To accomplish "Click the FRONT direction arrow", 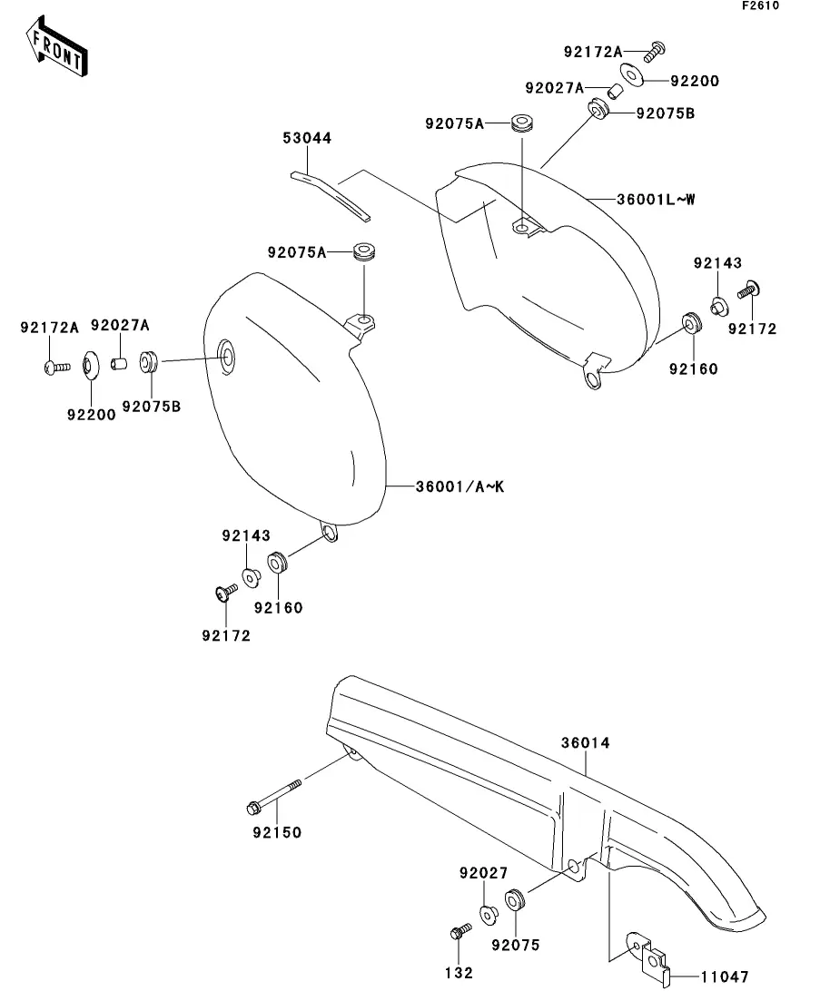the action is coord(56,46).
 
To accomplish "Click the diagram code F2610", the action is coord(760,5).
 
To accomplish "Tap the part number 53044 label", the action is coord(307,138).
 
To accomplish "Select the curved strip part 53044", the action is coord(331,196).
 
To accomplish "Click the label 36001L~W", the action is coord(656,199).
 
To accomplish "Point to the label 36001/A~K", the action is coord(459,486).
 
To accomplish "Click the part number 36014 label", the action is coord(586,742).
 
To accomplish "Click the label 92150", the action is coord(277,832).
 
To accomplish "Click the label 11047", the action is coord(725,976).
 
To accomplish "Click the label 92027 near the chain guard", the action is coord(483,873).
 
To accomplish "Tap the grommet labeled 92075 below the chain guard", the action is coord(515,901).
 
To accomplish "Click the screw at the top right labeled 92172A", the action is coord(655,52).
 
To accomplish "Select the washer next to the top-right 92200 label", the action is coord(632,74).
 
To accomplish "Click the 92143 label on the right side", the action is coord(717,263).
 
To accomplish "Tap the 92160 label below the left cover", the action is coord(278,608).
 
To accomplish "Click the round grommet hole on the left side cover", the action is coord(226,357).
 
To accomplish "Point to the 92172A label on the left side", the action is coord(49,328).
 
